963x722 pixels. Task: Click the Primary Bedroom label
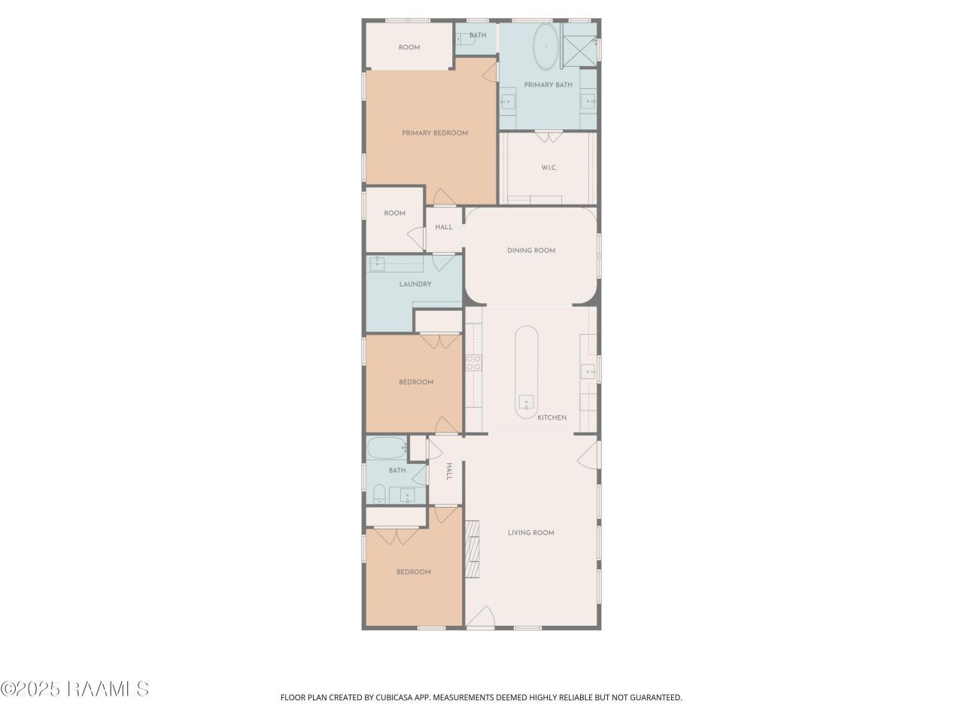tap(434, 133)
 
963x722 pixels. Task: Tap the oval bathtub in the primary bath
tap(545, 47)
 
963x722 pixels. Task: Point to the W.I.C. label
tap(549, 168)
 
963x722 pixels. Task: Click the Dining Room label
tap(531, 250)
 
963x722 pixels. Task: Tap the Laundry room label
tap(415, 284)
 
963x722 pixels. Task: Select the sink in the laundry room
tap(377, 264)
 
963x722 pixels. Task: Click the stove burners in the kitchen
tap(473, 363)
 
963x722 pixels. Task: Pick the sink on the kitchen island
tap(526, 402)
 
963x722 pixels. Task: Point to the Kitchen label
tap(552, 417)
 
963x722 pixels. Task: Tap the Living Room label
tap(531, 532)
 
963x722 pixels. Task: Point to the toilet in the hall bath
tap(379, 494)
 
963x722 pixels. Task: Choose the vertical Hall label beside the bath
tap(449, 472)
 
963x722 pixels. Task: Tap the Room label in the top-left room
tap(409, 47)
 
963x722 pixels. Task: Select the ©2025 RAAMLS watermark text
tap(74, 689)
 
